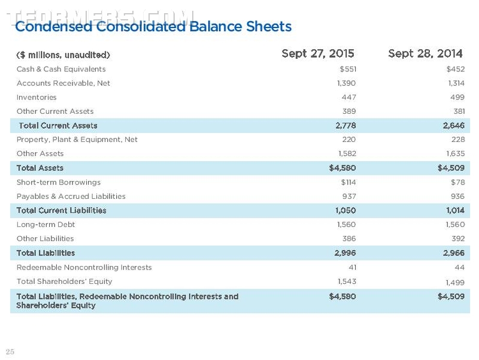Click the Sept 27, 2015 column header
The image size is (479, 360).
[318, 54]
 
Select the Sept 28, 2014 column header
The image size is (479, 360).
[425, 54]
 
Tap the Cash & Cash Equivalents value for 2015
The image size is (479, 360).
[348, 69]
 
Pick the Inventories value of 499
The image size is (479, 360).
[457, 97]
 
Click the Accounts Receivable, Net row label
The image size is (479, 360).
[63, 83]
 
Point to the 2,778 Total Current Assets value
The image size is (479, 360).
[346, 126]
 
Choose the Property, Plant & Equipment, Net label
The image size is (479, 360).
[77, 140]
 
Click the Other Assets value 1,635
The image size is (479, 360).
[456, 153]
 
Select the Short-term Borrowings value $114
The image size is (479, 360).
[348, 183]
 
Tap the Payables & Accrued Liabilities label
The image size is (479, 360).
[71, 196]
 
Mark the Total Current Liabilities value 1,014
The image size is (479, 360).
[455, 210]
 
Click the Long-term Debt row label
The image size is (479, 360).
[46, 224]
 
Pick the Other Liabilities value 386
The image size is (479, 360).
[349, 238]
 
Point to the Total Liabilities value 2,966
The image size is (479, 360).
[454, 253]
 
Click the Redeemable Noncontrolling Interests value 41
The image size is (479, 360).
[353, 267]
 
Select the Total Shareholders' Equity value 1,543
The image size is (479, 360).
[347, 281]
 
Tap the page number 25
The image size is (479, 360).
[10, 352]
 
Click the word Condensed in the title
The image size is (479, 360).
[53, 26]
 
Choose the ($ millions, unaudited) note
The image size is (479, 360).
[63, 55]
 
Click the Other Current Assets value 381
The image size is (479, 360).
[459, 111]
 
